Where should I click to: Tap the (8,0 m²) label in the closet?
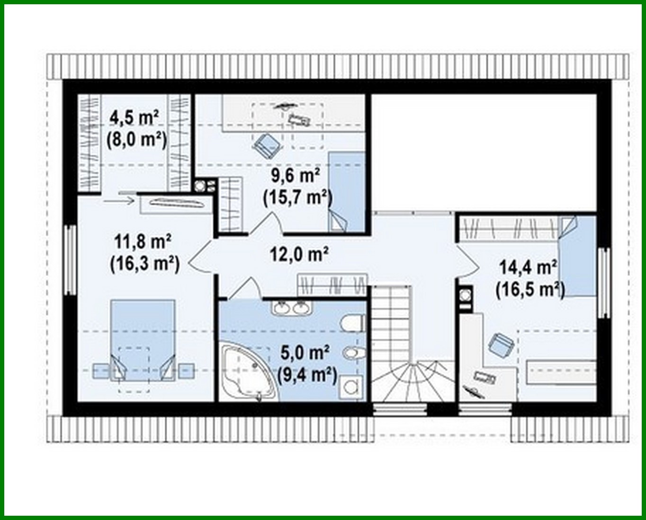(x=136, y=140)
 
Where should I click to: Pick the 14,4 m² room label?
(x=528, y=267)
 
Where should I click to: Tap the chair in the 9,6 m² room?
(x=267, y=144)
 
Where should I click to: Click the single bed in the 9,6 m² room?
(x=347, y=192)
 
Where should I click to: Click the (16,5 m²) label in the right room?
(x=530, y=289)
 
